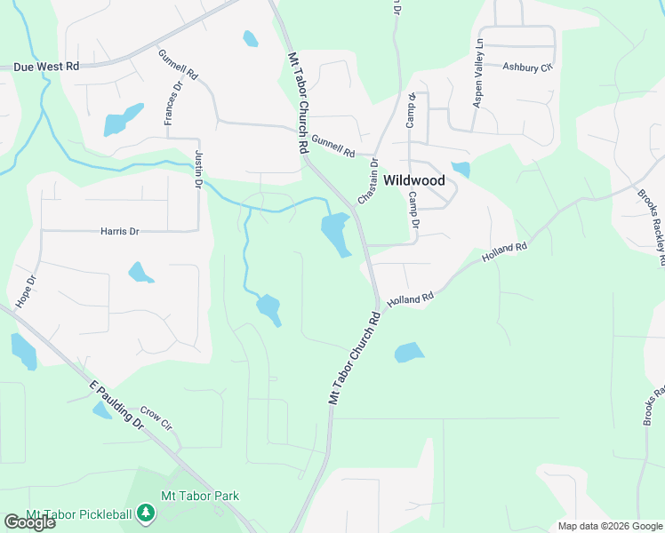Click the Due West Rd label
(x=46, y=67)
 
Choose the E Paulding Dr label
(x=116, y=405)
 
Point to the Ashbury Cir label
(x=527, y=67)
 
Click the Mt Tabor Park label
(x=200, y=496)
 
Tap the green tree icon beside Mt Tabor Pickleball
(x=145, y=513)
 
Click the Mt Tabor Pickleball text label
(x=79, y=514)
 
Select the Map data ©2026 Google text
(x=610, y=526)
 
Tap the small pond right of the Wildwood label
(x=461, y=169)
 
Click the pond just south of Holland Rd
(x=407, y=352)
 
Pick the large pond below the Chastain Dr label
(x=334, y=234)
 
